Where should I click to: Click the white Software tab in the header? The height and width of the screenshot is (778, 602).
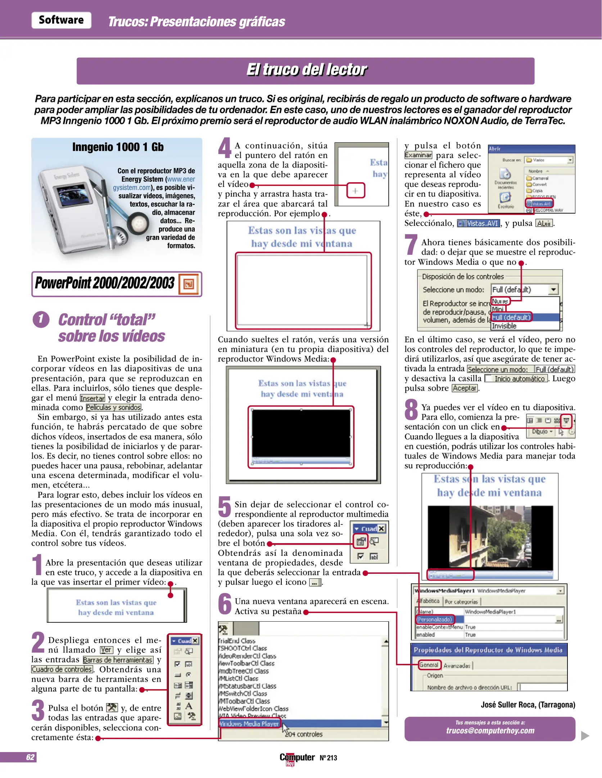(x=61, y=20)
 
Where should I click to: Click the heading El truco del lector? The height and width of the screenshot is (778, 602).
(x=306, y=70)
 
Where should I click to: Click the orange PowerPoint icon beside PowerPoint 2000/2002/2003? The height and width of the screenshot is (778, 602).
(x=189, y=284)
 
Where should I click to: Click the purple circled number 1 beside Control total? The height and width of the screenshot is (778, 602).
(x=41, y=319)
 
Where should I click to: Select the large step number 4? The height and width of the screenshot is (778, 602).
(x=225, y=148)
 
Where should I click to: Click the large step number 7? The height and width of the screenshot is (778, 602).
(x=411, y=245)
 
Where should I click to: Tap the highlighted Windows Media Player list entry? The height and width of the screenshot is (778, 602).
(x=249, y=724)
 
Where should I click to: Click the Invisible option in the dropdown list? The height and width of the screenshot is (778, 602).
(x=504, y=326)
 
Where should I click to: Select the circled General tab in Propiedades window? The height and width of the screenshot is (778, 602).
(x=429, y=665)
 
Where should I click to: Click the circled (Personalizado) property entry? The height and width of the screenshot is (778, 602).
(x=435, y=620)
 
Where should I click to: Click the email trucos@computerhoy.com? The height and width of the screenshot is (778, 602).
(x=490, y=731)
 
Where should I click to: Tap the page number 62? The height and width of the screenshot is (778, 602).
(x=30, y=757)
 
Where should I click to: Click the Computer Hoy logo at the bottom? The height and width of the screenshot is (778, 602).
(x=297, y=758)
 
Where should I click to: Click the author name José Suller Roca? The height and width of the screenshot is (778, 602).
(x=528, y=705)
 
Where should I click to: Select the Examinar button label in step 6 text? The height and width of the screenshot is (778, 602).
(x=418, y=155)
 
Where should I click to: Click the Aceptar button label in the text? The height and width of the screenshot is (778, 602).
(x=465, y=388)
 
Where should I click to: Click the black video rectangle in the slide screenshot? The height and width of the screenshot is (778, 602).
(x=301, y=433)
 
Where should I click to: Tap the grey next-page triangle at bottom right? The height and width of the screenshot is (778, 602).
(x=585, y=735)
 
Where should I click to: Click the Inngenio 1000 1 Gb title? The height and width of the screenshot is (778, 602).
(x=118, y=147)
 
